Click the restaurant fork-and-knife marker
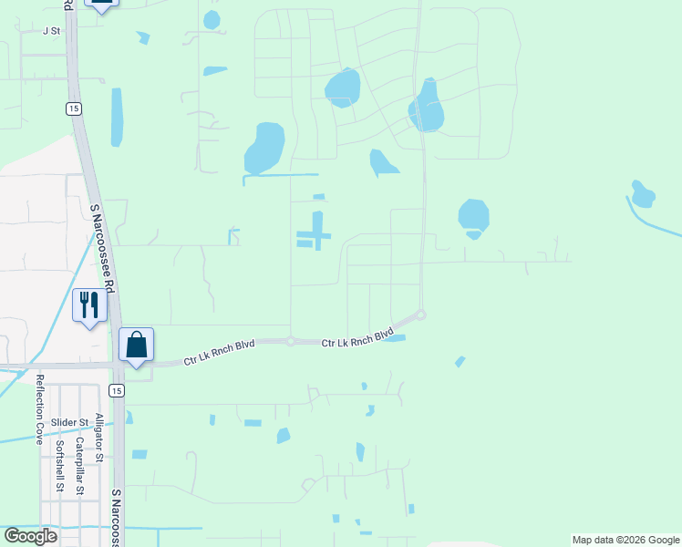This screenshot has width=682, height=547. point(89,305)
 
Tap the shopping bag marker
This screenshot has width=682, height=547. point(136,346)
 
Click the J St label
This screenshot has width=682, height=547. point(51,30)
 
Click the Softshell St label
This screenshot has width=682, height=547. point(59,465)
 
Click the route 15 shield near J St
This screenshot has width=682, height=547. point(72,108)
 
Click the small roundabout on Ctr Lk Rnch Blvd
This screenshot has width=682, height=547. point(290,342)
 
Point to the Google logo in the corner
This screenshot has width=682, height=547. point(30,536)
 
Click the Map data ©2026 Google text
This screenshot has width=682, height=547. point(625,540)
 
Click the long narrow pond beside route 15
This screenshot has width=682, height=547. point(117,117)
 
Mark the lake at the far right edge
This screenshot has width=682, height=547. point(643,193)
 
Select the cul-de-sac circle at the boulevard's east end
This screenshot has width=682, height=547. point(420,315)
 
